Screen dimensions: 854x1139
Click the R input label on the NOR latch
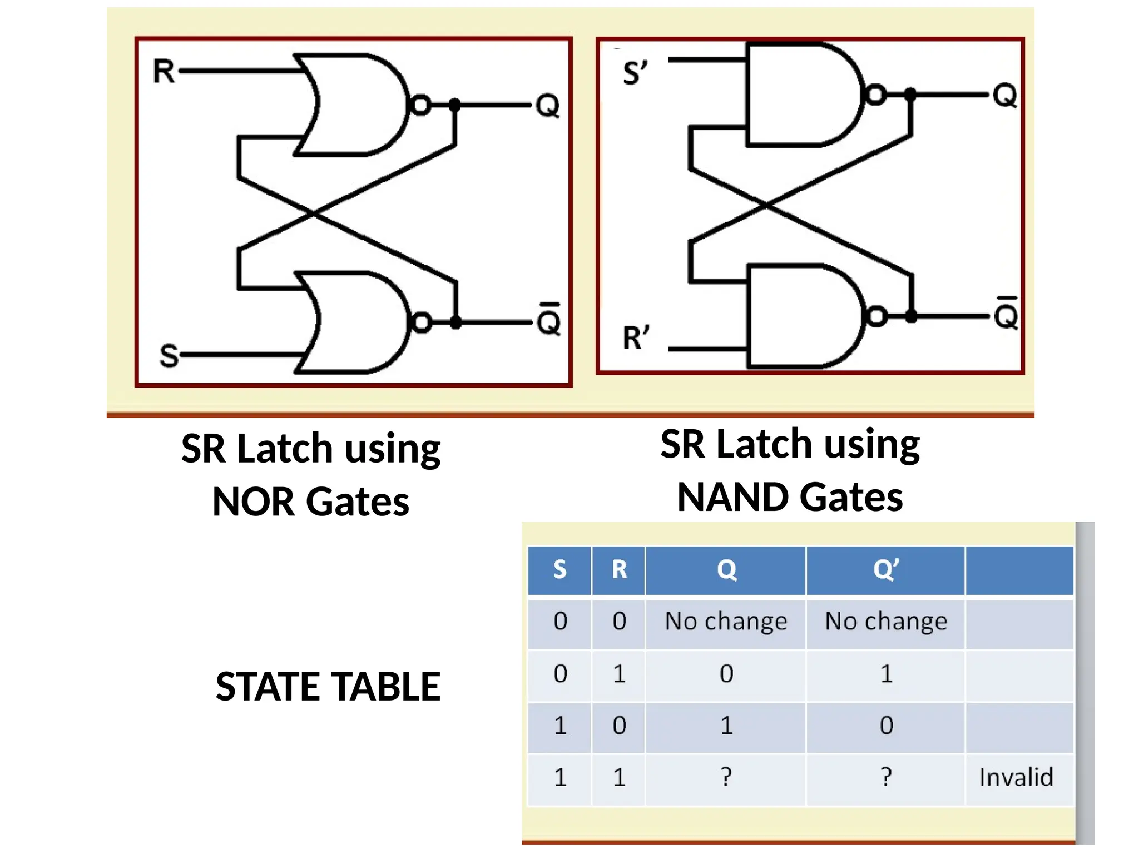pyautogui.click(x=164, y=72)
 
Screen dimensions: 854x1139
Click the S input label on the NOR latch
pyautogui.click(x=169, y=356)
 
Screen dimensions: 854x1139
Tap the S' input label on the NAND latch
pyautogui.click(x=635, y=73)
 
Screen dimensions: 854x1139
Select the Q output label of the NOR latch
pyautogui.click(x=547, y=106)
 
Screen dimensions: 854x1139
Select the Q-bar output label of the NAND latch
pyautogui.click(x=1006, y=315)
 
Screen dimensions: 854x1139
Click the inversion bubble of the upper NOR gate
pyautogui.click(x=420, y=105)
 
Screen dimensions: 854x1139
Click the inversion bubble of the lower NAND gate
pyautogui.click(x=877, y=316)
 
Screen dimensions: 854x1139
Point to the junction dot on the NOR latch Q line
pyautogui.click(x=454, y=104)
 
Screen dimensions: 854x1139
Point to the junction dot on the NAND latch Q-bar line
pyautogui.click(x=911, y=316)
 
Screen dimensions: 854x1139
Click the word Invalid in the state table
pyautogui.click(x=1016, y=777)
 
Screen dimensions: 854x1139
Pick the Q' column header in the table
pyautogui.click(x=885, y=569)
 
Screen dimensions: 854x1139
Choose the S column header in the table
pyautogui.click(x=559, y=569)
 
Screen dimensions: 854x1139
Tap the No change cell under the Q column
pyautogui.click(x=726, y=621)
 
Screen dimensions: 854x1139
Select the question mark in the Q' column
pyautogui.click(x=886, y=777)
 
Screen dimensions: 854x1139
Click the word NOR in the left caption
pyautogui.click(x=253, y=502)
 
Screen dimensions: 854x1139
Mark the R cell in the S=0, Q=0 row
pyautogui.click(x=619, y=673)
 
